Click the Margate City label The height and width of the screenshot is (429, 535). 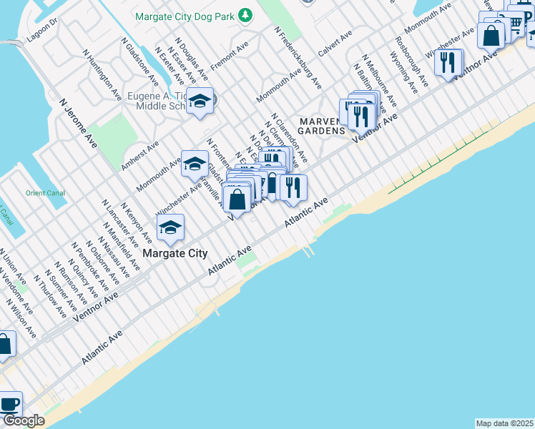(175, 253)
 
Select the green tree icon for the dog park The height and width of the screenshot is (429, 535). (245, 14)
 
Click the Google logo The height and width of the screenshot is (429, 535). (24, 420)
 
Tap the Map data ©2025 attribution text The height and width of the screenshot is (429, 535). (504, 423)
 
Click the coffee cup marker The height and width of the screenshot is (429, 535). (9, 404)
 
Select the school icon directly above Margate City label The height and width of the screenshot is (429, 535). (170, 228)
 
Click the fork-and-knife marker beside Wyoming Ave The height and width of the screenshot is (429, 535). (447, 63)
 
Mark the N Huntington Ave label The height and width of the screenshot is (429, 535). (102, 74)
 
